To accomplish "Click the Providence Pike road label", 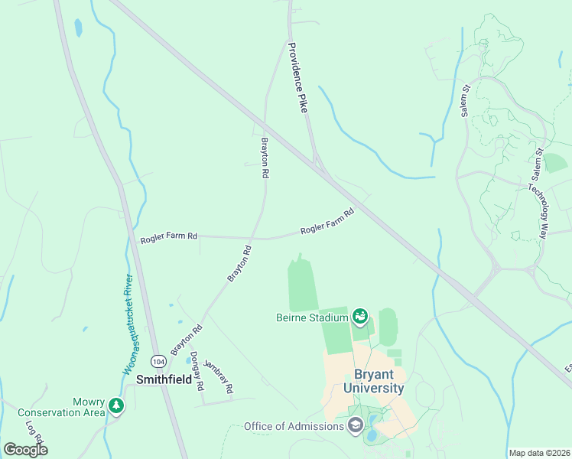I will pyautogui.click(x=297, y=78).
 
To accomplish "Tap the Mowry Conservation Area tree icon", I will pyautogui.click(x=115, y=405).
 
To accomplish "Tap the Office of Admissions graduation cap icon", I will pyautogui.click(x=355, y=425).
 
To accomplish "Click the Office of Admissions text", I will pyautogui.click(x=294, y=426).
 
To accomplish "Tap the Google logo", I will pyautogui.click(x=25, y=450).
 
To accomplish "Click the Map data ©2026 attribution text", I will pyautogui.click(x=539, y=453).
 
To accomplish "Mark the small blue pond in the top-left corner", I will pyautogui.click(x=78, y=28).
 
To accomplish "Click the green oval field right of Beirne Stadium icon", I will pyautogui.click(x=388, y=327).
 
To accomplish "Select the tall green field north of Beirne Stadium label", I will pyautogui.click(x=303, y=285).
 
